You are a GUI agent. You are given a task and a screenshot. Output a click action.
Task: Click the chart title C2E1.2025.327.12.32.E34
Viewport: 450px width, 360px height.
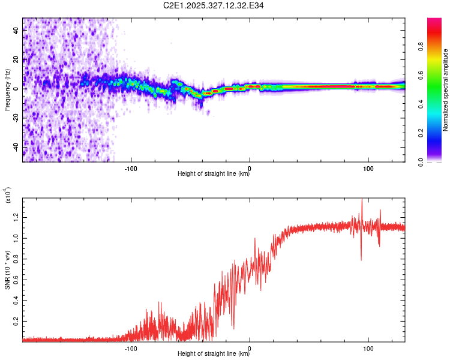(x=214, y=5)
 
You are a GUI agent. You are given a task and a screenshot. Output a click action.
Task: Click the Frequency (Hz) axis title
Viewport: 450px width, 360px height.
(x=7, y=90)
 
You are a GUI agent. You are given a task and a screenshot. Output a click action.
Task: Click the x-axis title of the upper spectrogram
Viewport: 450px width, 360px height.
(x=214, y=175)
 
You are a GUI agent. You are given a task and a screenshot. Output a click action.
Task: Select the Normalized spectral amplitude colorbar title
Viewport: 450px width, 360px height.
(x=445, y=90)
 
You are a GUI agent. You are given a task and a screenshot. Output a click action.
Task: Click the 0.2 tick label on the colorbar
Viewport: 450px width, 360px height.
(x=437, y=133)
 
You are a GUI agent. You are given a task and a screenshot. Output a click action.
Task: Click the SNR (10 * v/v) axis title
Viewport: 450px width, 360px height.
(x=7, y=267)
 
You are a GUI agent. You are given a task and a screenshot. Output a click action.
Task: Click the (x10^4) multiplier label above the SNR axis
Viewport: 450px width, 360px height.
(x=8, y=195)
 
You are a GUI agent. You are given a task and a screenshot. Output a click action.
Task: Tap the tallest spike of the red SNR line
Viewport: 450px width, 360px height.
(x=361, y=200)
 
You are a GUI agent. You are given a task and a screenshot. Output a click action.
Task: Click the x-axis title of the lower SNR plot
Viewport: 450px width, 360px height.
(x=214, y=354)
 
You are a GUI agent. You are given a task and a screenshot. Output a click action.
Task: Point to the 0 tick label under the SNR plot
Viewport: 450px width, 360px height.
(x=250, y=348)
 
